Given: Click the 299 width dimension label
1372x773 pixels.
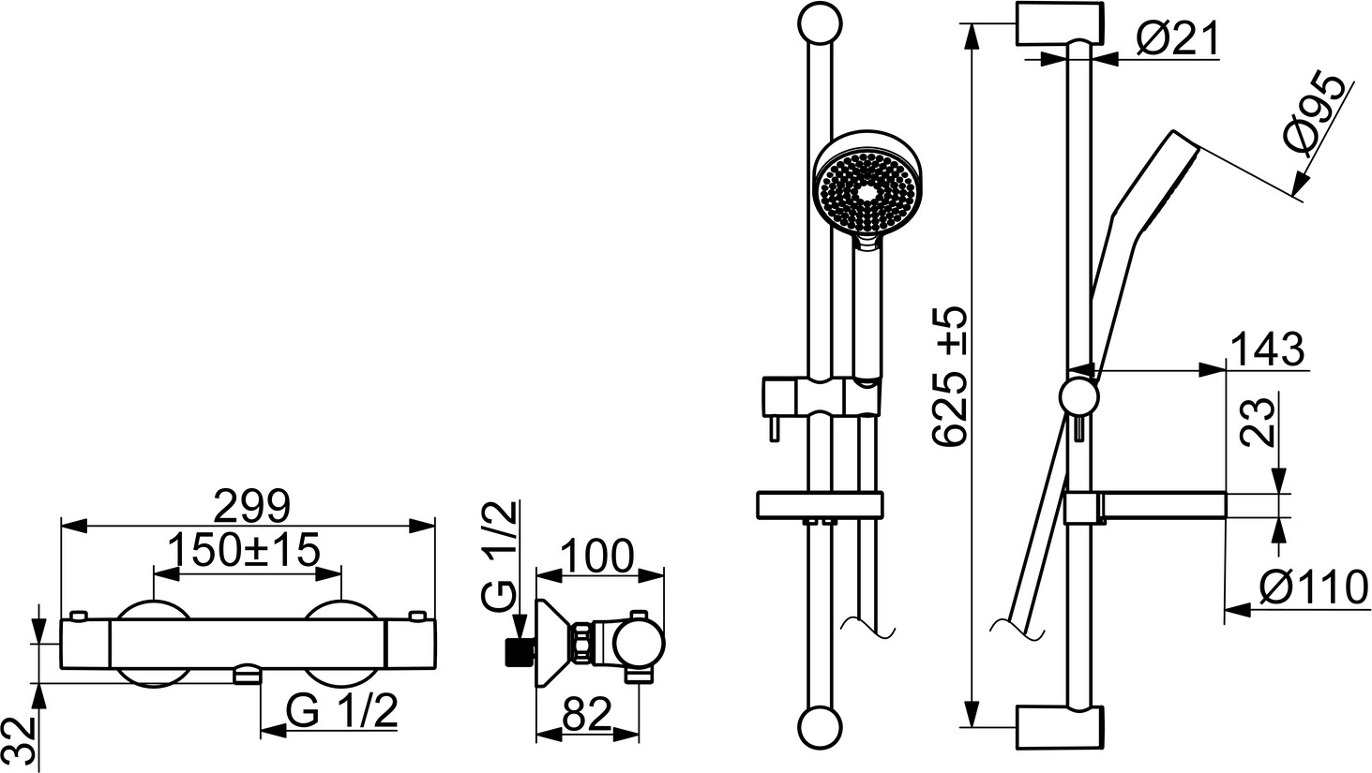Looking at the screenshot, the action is click(251, 507).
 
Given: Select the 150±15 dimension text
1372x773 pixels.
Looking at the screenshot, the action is click(244, 550).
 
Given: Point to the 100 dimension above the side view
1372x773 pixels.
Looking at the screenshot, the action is click(596, 557).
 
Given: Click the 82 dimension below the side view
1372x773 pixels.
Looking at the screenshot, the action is click(586, 714).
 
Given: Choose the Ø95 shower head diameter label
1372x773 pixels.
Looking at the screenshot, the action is click(1316, 118).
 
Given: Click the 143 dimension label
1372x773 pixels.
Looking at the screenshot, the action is click(1267, 349).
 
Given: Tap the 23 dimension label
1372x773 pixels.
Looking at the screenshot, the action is click(1256, 423).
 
